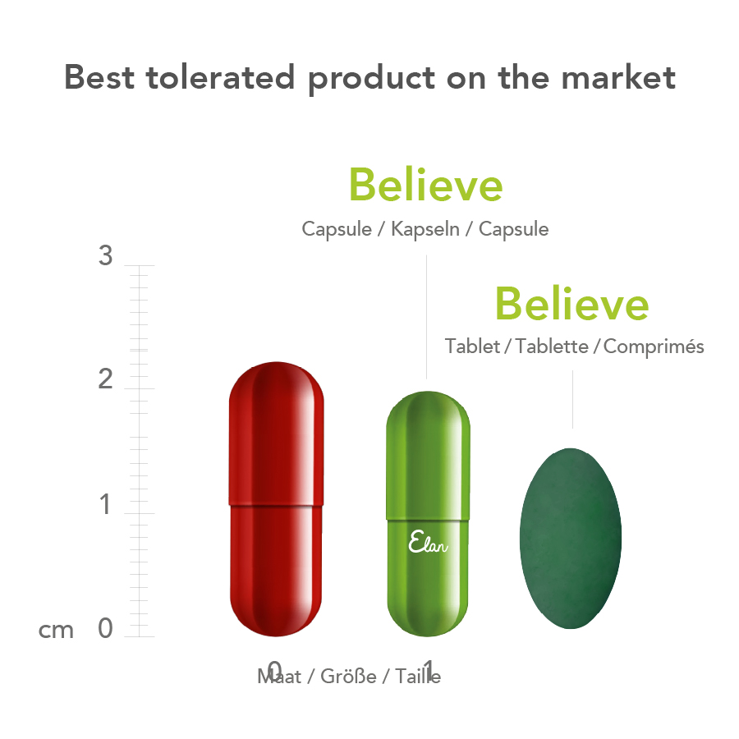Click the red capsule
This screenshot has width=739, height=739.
[276, 499]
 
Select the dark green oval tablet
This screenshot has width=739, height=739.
[571, 538]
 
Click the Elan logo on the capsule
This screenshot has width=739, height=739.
[428, 543]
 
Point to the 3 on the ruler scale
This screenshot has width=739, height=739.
[105, 256]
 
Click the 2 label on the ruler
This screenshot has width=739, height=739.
[105, 380]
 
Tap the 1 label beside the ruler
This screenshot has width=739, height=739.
[105, 505]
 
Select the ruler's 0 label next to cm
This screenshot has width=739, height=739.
[105, 629]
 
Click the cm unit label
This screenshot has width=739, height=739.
[57, 630]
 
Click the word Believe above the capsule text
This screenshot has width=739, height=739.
[425, 185]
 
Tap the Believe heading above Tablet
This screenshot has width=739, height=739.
[571, 305]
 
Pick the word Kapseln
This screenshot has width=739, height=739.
[425, 229]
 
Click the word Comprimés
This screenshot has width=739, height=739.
[654, 347]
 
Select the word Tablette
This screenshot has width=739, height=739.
[553, 347]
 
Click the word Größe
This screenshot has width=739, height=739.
[349, 677]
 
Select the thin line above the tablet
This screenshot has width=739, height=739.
[572, 399]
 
